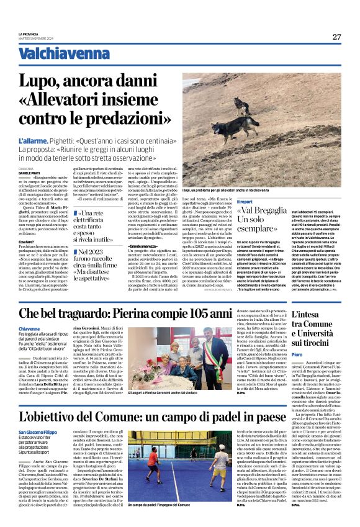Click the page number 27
pyautogui.click(x=336, y=37)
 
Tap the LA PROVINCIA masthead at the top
pyautogui.click(x=29, y=34)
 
